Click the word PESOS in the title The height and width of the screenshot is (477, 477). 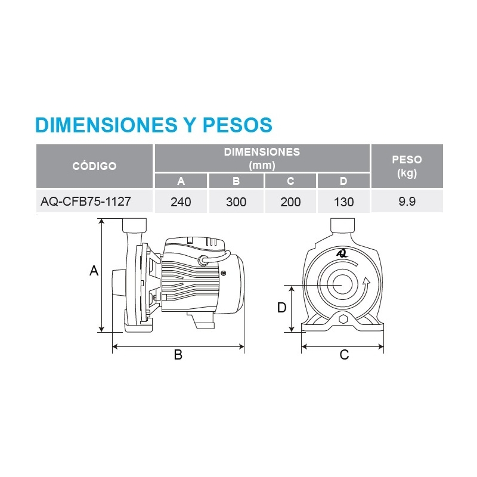click(237, 125)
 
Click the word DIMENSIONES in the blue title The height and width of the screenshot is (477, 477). click(106, 125)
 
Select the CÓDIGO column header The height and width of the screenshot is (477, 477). click(94, 166)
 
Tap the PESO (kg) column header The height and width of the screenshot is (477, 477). click(407, 166)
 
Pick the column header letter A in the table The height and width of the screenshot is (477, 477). click(181, 181)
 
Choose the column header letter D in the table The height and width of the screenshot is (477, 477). click(343, 181)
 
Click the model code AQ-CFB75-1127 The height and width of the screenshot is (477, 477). click(86, 202)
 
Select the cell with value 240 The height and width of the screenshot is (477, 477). click(181, 202)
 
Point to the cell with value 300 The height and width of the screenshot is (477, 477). click(236, 202)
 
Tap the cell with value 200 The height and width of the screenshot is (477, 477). click(290, 202)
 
